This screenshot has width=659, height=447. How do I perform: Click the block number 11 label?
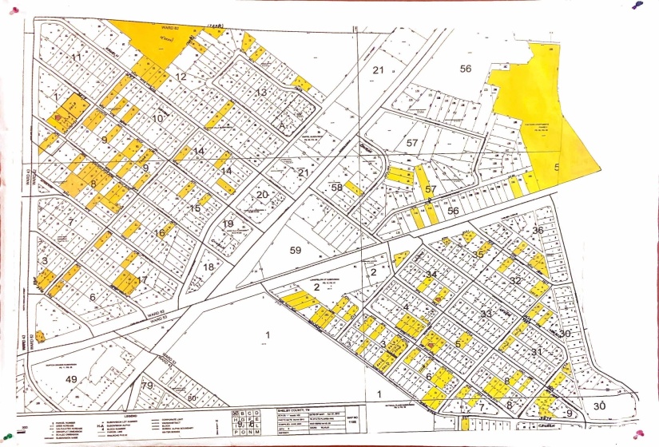[77, 57]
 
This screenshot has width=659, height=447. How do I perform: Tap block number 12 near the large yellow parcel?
[181, 77]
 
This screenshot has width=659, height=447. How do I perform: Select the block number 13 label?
[261, 93]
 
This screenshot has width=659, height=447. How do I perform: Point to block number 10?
[158, 118]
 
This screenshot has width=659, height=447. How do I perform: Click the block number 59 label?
[296, 250]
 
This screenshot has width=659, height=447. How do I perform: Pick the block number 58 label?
[337, 187]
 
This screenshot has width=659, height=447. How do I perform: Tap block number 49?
[71, 378]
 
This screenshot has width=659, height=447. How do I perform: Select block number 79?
[147, 387]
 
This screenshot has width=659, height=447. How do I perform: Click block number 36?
[538, 231]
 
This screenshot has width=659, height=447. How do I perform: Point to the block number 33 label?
[486, 314]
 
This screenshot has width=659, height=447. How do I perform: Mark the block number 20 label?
[261, 195]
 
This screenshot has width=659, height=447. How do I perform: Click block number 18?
[209, 266]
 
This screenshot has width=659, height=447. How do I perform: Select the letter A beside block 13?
[281, 125]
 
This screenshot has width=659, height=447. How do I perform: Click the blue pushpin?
[636, 5]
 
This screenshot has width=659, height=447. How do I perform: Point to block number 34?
[431, 275]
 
